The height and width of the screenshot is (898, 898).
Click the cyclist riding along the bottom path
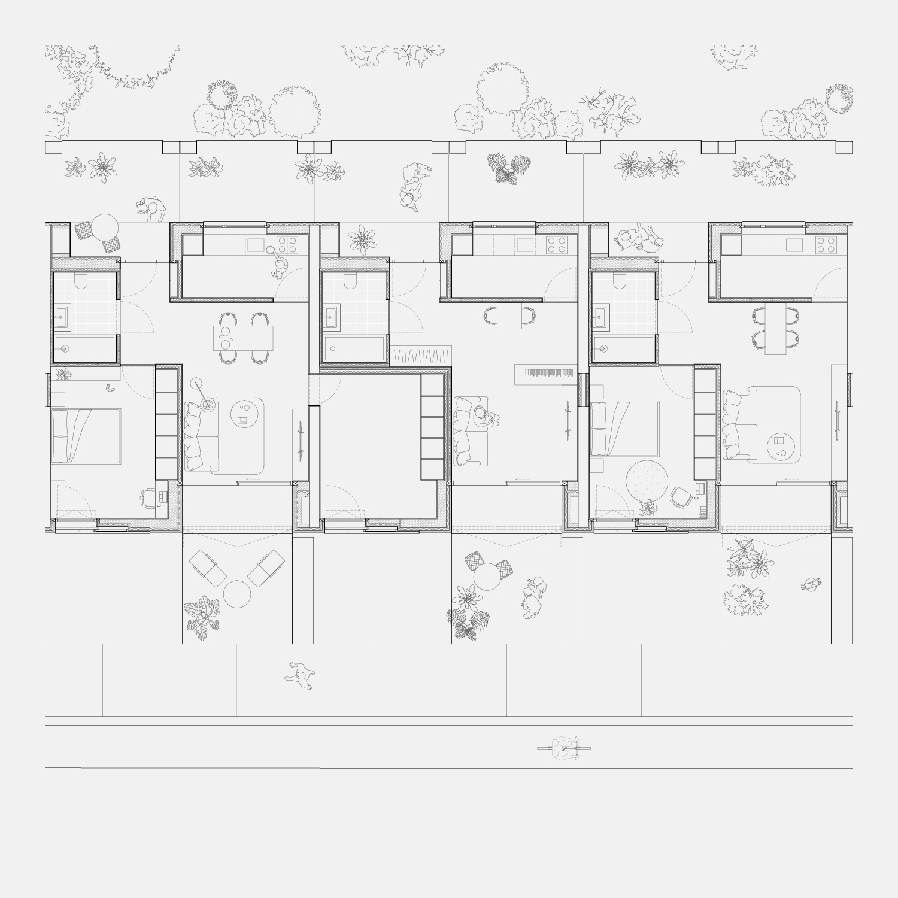coord(565,748)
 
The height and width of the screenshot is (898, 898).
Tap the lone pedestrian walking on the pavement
coord(301,676)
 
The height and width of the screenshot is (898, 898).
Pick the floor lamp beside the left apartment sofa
coord(207,405)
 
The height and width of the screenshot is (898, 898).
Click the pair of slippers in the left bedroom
coord(110,387)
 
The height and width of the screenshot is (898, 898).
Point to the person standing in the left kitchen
coord(280,265)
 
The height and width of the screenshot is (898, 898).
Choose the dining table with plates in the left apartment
coord(243,338)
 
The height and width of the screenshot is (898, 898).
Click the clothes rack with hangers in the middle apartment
coord(421,356)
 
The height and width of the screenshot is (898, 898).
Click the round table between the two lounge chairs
coord(238,594)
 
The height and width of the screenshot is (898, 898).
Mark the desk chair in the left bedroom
coord(147,496)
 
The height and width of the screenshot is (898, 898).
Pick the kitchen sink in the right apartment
coord(794,244)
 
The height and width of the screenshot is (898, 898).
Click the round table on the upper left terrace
coord(105,226)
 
